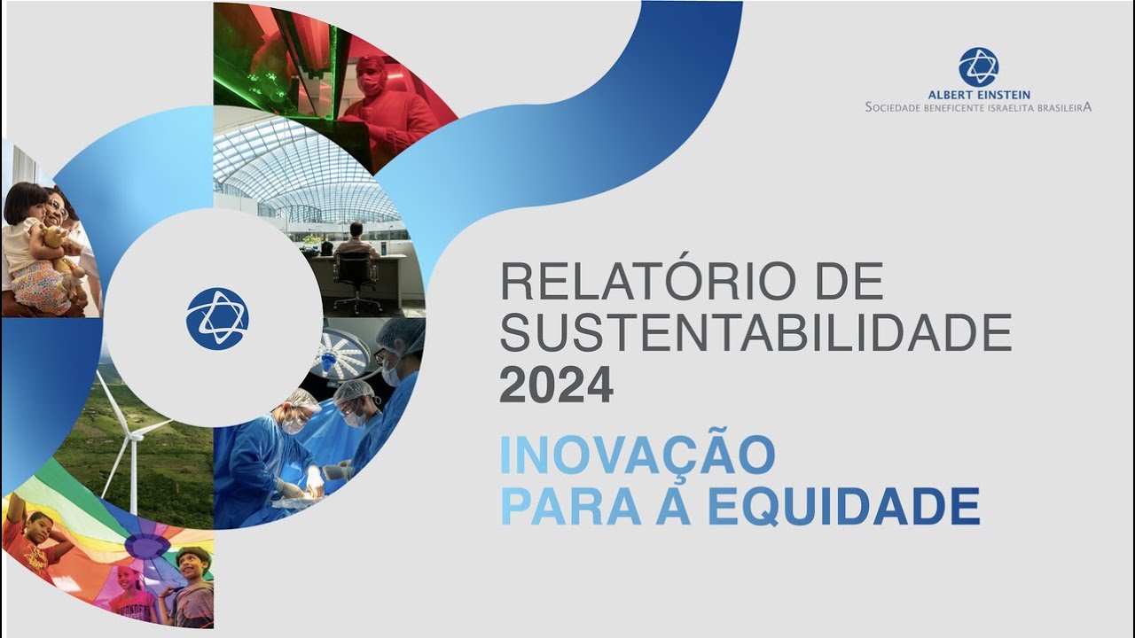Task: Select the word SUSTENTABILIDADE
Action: (755, 334)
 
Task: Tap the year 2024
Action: (556, 385)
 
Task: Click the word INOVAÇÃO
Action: (637, 455)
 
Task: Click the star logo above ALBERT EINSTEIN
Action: (978, 66)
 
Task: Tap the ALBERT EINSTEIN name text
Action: (978, 95)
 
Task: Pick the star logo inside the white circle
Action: (217, 318)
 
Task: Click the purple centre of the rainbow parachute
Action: (147, 543)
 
